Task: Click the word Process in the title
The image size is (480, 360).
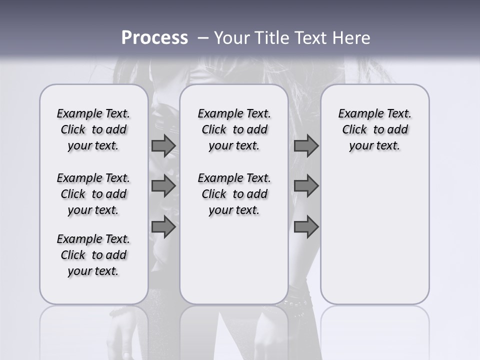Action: click(x=154, y=38)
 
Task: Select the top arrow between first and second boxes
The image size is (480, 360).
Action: click(x=163, y=146)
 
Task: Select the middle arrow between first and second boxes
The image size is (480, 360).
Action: click(x=163, y=186)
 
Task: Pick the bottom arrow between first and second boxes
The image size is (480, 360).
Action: click(x=163, y=227)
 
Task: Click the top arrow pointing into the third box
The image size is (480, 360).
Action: click(x=306, y=146)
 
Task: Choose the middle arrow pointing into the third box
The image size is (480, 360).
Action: click(x=306, y=186)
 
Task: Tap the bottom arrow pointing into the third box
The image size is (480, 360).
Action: click(x=306, y=227)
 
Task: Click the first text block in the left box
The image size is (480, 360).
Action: click(x=93, y=129)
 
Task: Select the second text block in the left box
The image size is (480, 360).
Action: click(x=93, y=194)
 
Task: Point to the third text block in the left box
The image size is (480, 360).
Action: click(x=93, y=255)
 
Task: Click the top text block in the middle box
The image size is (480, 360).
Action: click(x=234, y=129)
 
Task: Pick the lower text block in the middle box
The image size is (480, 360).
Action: click(x=234, y=194)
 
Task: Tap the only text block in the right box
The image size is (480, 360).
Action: click(x=374, y=129)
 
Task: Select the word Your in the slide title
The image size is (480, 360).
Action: click(x=231, y=38)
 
